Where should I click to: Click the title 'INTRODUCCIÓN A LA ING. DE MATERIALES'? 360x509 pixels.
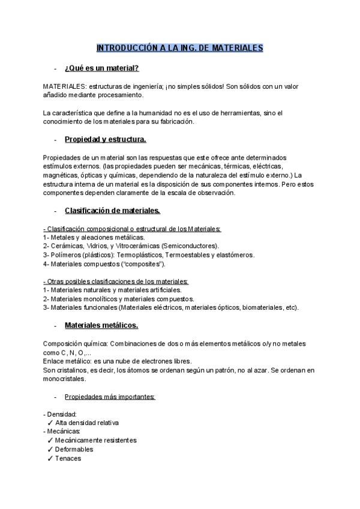click(x=180, y=48)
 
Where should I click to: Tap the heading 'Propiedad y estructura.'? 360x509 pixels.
click(x=105, y=140)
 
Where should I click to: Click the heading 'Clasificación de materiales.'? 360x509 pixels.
click(x=112, y=211)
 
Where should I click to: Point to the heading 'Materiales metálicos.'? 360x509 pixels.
click(x=101, y=325)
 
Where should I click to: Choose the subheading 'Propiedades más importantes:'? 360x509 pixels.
click(x=110, y=397)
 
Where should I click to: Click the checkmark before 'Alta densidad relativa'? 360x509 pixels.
click(x=50, y=423)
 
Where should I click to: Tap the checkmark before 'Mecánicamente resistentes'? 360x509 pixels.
click(x=50, y=440)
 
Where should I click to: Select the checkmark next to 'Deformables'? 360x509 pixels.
click(x=50, y=449)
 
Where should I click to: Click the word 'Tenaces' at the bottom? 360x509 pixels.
click(x=68, y=458)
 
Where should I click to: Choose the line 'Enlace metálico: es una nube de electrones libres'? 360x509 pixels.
click(x=118, y=361)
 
